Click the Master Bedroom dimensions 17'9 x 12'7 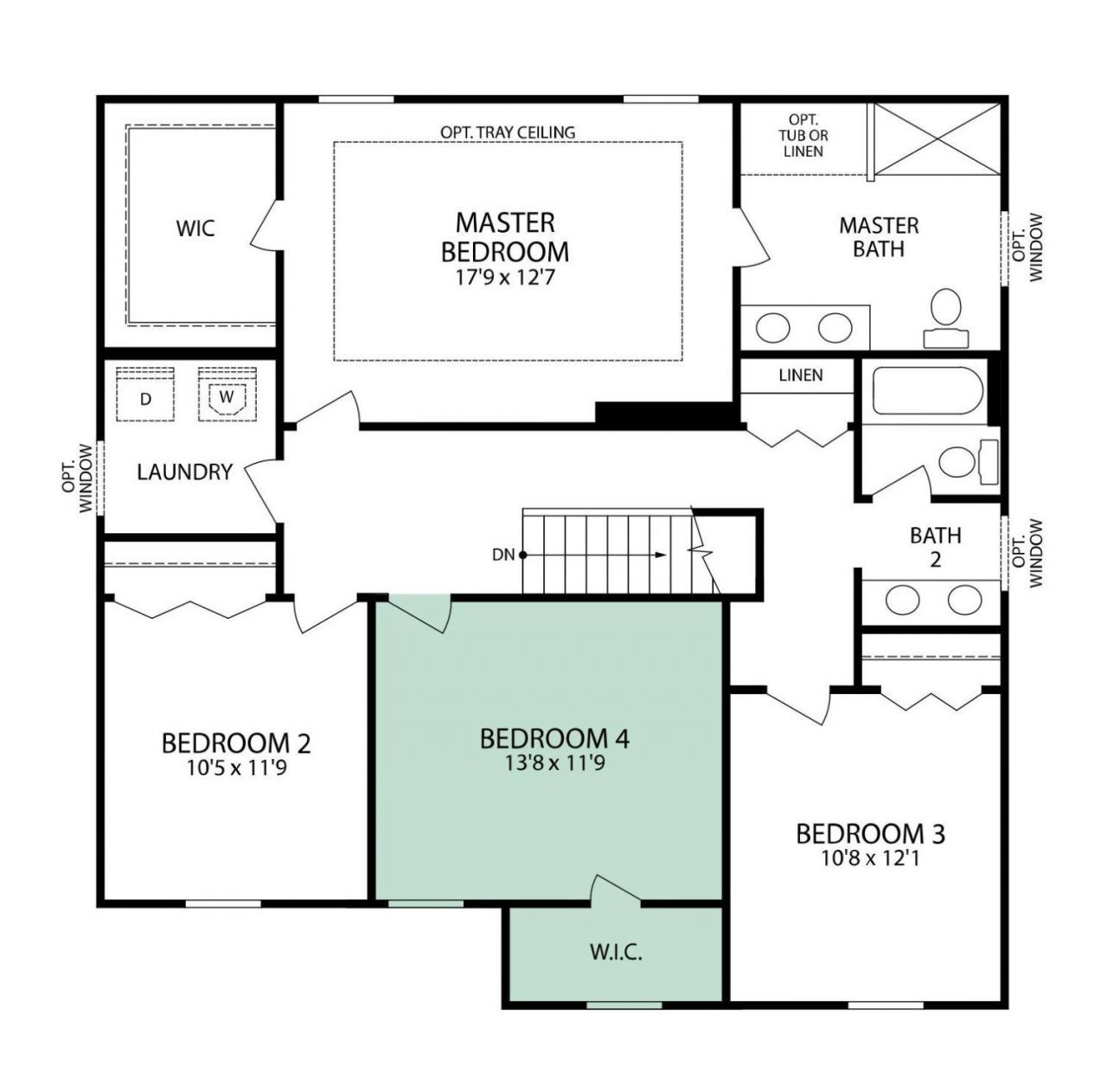pos(505,279)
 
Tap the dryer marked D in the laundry pos(145,395)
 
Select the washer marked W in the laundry pos(227,395)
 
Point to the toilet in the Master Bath pos(945,318)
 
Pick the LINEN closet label pos(801,376)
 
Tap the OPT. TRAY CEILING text pos(508,132)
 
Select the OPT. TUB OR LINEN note pos(803,136)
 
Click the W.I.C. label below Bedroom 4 pos(616,954)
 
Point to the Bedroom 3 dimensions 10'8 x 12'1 pos(870,858)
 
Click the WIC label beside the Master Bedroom pos(195,228)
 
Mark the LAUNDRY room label pos(184,472)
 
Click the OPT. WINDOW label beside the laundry pos(78,478)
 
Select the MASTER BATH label pos(879,237)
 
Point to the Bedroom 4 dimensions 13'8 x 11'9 pos(554,763)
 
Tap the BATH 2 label pos(935,547)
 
